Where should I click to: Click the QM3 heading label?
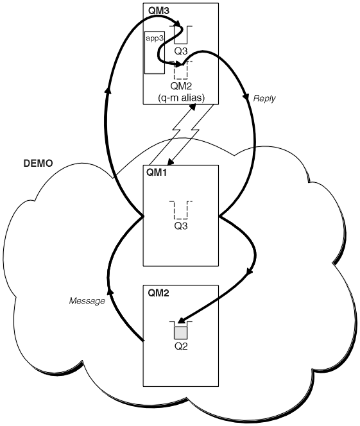click(159, 11)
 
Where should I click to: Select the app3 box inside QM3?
click(155, 53)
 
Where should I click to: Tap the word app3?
click(155, 38)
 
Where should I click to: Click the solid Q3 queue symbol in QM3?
click(181, 35)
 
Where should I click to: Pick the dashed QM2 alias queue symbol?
click(181, 70)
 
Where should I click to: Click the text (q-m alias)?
click(181, 98)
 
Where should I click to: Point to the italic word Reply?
click(264, 98)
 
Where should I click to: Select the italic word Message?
click(87, 301)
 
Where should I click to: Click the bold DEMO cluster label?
click(38, 164)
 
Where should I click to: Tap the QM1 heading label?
click(157, 173)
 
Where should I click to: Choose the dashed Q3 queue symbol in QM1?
click(181, 210)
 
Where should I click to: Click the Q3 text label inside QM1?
click(181, 226)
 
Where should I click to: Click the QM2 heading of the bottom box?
click(159, 293)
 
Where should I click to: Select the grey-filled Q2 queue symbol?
click(181, 330)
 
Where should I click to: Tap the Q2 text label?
click(181, 346)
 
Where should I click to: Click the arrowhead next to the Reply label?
click(246, 97)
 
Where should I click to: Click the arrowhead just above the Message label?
click(109, 291)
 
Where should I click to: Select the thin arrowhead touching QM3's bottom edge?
click(193, 107)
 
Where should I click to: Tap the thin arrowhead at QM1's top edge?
click(171, 162)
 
